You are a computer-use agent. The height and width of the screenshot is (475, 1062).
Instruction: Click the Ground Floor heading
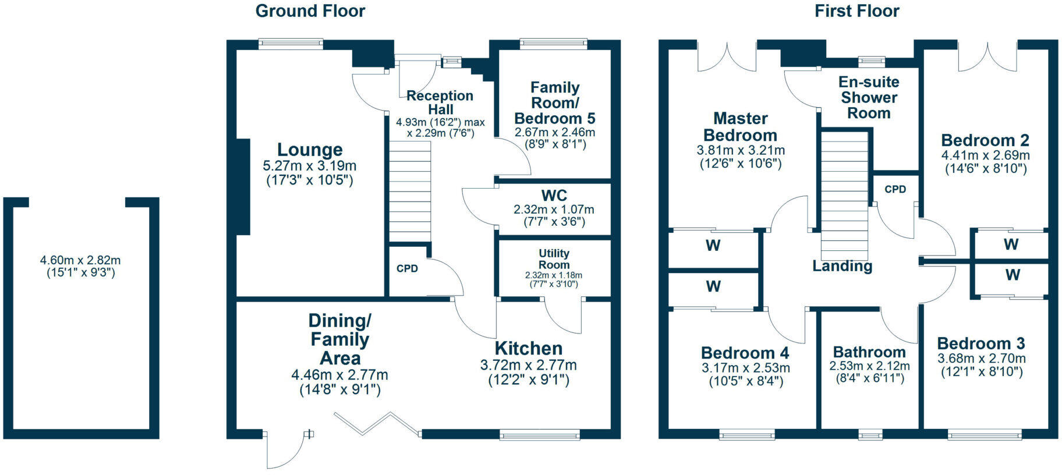[x=310, y=11]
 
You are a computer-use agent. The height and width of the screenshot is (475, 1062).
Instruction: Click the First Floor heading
[x=856, y=11]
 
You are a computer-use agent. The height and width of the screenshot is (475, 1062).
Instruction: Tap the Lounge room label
[x=310, y=150]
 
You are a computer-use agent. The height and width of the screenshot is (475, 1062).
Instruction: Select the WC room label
[x=554, y=196]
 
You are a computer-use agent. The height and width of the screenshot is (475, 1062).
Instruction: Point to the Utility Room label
[x=554, y=259]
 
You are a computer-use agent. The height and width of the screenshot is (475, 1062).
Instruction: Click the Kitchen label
[x=529, y=349]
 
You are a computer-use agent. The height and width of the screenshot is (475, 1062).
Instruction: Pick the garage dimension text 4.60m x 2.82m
[x=80, y=261]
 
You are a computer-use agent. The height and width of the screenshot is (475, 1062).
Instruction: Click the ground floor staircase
[x=410, y=192]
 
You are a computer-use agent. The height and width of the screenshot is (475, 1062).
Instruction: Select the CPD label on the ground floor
[x=407, y=269]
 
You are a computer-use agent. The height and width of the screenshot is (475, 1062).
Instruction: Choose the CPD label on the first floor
[x=895, y=189]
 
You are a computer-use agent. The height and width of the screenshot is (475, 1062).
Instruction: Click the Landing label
[x=842, y=266]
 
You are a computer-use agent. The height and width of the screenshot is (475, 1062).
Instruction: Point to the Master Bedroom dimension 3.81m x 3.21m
[x=741, y=150]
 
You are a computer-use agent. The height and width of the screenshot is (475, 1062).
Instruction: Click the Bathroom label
[x=869, y=352]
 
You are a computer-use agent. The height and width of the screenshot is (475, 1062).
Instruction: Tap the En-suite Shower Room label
[x=869, y=98]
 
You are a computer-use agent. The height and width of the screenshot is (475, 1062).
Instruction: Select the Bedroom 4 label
[x=745, y=353]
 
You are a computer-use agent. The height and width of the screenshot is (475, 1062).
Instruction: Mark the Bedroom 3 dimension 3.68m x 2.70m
[x=982, y=359]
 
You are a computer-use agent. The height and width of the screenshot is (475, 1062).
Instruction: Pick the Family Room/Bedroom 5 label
[x=555, y=103]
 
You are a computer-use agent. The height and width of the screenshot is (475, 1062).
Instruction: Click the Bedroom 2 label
[x=985, y=140]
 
